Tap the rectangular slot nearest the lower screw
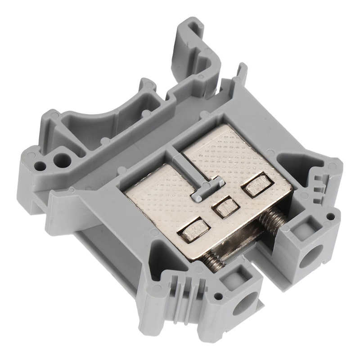[194, 229]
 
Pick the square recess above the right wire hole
[300, 227]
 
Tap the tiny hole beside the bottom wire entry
[218, 297]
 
